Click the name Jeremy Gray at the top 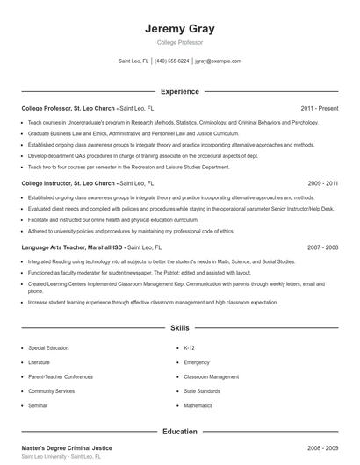(x=179, y=29)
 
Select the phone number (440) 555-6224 (x=171, y=61)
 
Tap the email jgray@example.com (x=218, y=61)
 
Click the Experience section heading (x=179, y=91)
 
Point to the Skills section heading (x=179, y=328)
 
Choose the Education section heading (x=179, y=432)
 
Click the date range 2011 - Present (x=319, y=108)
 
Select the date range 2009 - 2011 (x=323, y=183)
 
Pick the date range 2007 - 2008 (x=323, y=247)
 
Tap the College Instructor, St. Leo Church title (x=68, y=183)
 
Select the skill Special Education (x=49, y=347)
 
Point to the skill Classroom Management (x=211, y=376)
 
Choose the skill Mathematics (x=198, y=405)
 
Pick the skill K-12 (x=189, y=347)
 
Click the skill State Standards (x=202, y=390)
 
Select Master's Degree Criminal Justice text (x=66, y=447)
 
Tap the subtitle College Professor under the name (x=179, y=42)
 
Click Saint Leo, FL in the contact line (x=133, y=61)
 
